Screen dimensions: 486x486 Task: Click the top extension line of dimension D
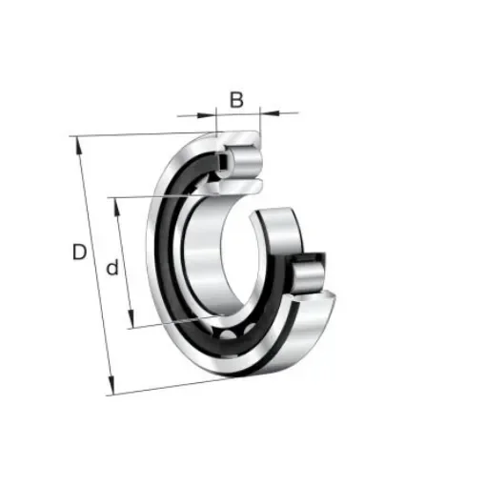(x=143, y=134)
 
